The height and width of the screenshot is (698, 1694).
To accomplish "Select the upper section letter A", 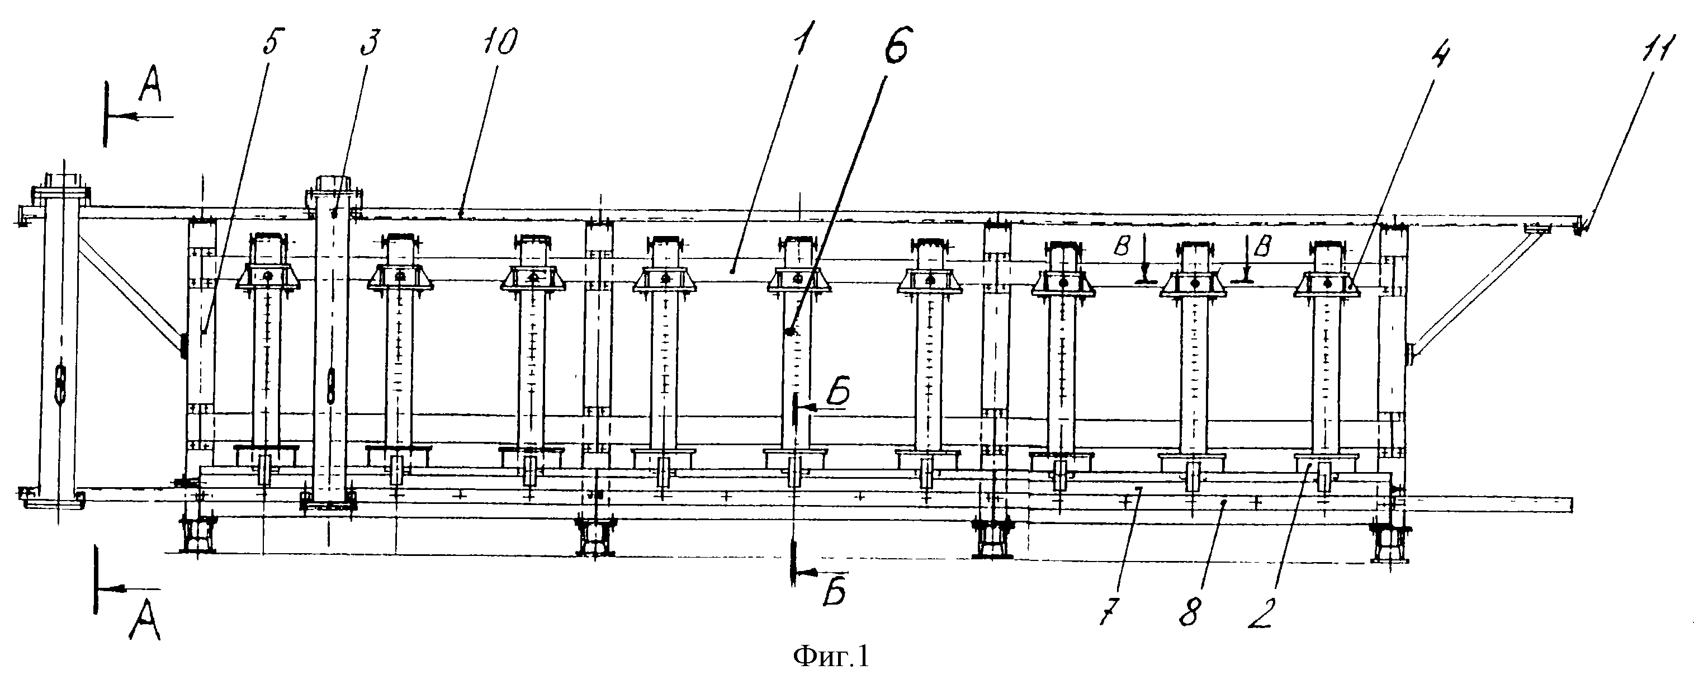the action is tap(150, 91).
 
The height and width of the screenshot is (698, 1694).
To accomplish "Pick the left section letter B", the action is tap(1123, 246).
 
